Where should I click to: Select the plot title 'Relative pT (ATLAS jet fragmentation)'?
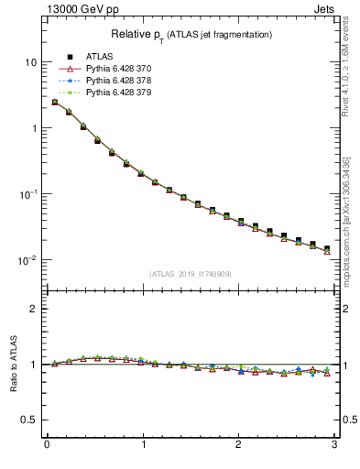point(191,35)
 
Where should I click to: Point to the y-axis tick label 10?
point(30,62)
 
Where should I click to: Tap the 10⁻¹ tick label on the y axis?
point(27,194)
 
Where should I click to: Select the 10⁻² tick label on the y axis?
point(27,260)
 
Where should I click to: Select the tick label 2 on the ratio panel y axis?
point(33,309)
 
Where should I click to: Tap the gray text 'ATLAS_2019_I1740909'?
point(190,274)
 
